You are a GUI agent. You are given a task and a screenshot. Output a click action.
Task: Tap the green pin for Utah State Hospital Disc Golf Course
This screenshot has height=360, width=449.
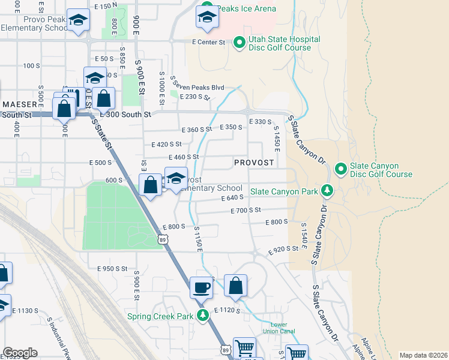(x=239, y=42)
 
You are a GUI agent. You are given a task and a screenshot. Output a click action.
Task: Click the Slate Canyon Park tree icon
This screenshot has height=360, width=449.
(x=327, y=191)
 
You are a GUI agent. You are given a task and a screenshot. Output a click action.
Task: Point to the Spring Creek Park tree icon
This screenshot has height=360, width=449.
(x=203, y=316)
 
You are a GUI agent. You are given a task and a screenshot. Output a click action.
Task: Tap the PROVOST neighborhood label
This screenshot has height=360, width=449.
(x=254, y=163)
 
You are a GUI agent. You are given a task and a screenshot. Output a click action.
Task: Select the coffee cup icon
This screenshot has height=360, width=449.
(x=202, y=287)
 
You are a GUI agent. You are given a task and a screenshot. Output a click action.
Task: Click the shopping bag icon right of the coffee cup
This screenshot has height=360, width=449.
(x=236, y=287)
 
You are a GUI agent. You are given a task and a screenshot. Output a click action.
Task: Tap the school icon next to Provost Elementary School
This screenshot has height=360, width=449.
(x=176, y=180)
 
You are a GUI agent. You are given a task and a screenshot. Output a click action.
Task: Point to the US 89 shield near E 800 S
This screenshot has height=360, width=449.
(x=163, y=239)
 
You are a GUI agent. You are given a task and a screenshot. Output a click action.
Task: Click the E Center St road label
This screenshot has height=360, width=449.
(x=208, y=42)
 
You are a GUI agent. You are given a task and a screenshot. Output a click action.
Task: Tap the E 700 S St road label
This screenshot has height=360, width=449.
(x=246, y=211)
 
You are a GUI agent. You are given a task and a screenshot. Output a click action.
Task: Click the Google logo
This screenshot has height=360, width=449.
(x=20, y=353)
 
